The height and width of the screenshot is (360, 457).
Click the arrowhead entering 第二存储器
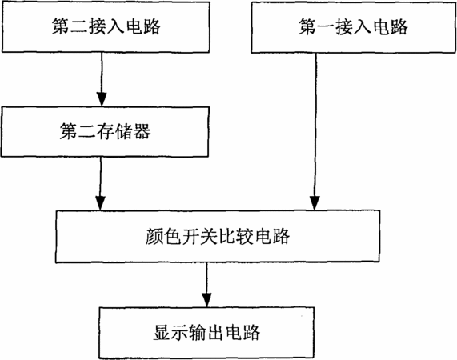tap(102, 100)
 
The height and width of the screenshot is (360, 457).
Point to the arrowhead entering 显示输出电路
tap(206, 300)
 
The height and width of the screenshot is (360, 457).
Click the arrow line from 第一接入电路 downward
tap(315, 132)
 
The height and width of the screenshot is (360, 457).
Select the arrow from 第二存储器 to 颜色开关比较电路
tap(101, 183)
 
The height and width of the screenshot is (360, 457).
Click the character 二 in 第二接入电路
tap(78, 26)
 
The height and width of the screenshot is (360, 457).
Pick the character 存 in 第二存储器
tap(105, 131)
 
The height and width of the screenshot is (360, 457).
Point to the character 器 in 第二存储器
tap(142, 131)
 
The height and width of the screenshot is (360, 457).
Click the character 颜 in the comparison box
tap(154, 236)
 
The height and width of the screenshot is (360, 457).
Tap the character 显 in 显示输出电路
tap(162, 332)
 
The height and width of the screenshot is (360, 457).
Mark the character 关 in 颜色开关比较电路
tap(209, 236)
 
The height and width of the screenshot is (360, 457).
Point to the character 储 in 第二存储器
tap(123, 131)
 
